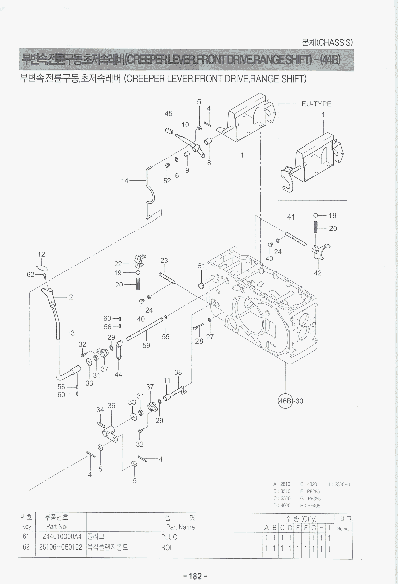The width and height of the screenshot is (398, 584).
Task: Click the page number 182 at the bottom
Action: click(x=196, y=576)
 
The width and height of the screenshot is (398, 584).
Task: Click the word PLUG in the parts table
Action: click(x=169, y=537)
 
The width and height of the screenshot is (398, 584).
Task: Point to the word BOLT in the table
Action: click(x=169, y=547)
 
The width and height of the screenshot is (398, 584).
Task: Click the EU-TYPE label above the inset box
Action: click(x=316, y=104)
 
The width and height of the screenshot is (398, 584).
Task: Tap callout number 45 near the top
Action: click(x=169, y=113)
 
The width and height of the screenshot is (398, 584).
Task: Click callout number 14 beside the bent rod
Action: click(x=125, y=180)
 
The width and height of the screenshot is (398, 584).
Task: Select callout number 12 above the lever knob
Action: click(x=42, y=254)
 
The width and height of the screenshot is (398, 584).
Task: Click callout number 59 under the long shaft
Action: click(x=146, y=346)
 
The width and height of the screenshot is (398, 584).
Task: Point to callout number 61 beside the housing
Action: click(x=201, y=266)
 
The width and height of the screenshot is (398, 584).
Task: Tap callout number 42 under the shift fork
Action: click(x=317, y=273)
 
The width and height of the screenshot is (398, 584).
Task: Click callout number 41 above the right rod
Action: click(x=291, y=217)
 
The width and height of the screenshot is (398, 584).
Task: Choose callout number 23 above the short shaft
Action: click(x=164, y=260)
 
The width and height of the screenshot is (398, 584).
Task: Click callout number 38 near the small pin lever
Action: click(x=178, y=372)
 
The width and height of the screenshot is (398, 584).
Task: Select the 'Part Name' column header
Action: click(x=177, y=527)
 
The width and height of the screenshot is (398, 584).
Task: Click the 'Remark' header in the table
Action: click(x=344, y=528)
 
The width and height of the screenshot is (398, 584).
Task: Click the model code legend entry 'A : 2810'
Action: click(x=281, y=484)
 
